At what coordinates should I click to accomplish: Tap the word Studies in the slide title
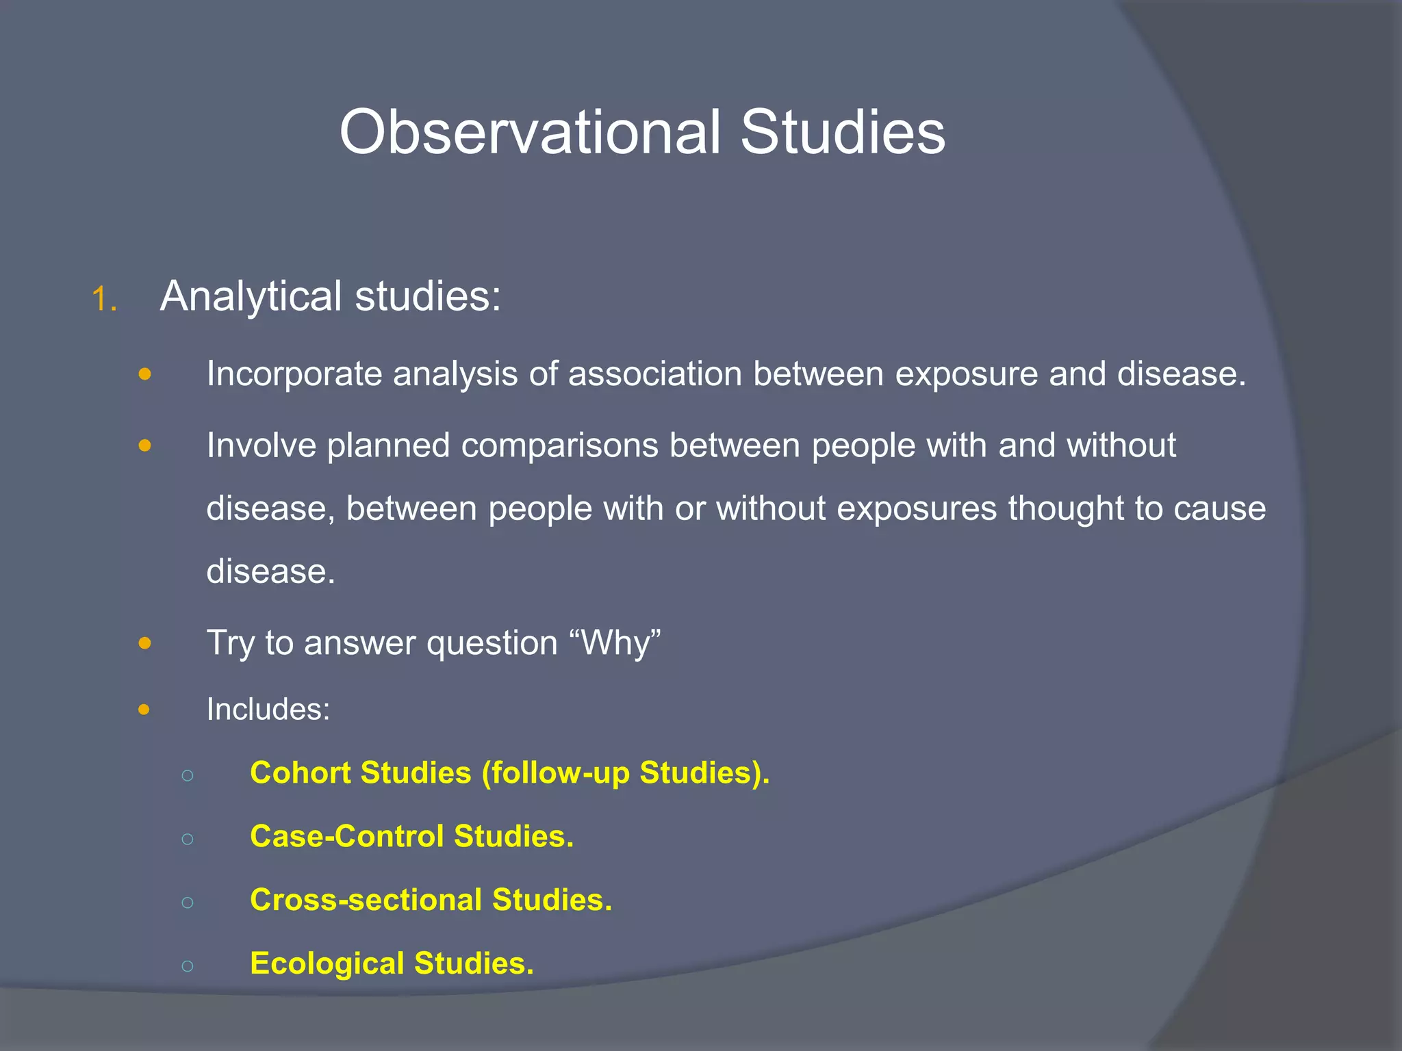pyautogui.click(x=843, y=132)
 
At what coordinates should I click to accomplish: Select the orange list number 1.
pyautogui.click(x=104, y=299)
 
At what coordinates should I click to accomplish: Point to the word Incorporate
pyautogui.click(x=294, y=375)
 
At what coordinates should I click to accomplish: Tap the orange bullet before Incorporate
pyautogui.click(x=144, y=374)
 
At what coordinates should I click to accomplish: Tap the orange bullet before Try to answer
pyautogui.click(x=144, y=643)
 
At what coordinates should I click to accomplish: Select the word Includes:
pyautogui.click(x=268, y=710)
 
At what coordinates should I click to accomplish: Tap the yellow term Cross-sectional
pyautogui.click(x=366, y=900)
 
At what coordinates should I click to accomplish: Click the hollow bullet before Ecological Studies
pyautogui.click(x=188, y=965)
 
